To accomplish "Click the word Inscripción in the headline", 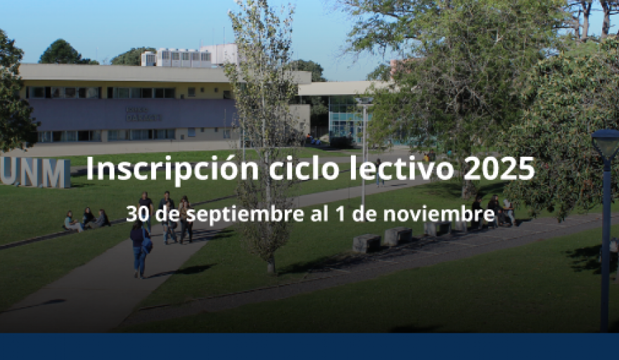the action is click(172, 169).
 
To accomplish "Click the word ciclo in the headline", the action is click(304, 168).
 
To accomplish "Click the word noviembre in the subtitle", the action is click(439, 214).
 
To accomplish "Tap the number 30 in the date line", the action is click(138, 214).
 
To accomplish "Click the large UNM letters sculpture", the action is click(34, 172).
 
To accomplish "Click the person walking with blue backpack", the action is click(140, 249).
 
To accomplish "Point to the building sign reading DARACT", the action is click(143, 117).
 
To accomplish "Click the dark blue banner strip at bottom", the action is click(309, 347).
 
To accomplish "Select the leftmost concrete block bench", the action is click(366, 243).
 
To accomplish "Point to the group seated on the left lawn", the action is click(87, 219).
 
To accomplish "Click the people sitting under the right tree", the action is click(493, 212).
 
